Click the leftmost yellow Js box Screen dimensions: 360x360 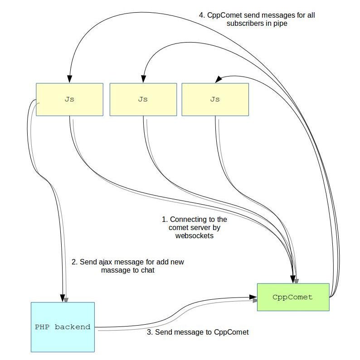tap(69, 100)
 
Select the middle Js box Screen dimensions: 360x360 tap(143, 100)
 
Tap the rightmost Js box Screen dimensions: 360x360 tap(215, 100)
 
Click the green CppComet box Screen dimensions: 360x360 tap(293, 297)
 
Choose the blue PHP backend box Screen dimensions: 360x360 tap(63, 327)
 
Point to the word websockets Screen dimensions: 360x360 tap(194, 236)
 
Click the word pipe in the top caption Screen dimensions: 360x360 tap(280, 24)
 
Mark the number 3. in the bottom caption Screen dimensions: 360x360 tap(150, 332)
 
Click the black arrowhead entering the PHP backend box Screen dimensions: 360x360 tap(62, 298)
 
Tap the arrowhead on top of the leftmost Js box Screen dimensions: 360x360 tap(69, 79)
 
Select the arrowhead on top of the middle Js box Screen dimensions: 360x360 tap(143, 79)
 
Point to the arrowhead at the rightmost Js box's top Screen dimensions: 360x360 tap(218, 79)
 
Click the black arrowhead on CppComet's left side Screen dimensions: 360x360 tap(253, 297)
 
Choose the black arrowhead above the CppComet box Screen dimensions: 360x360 tap(292, 279)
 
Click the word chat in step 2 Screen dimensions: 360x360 tap(148, 270)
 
